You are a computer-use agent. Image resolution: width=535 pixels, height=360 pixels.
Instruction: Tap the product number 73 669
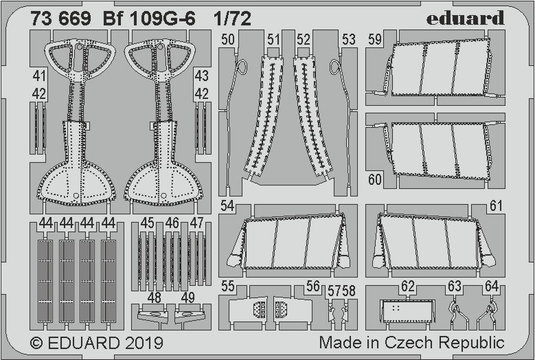coord(60,19)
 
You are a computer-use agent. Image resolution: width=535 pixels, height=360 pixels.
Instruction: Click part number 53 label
coord(349,39)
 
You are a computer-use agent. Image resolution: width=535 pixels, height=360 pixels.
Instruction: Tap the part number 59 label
coord(374,39)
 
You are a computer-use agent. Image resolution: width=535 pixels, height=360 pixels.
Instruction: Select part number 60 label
coord(374,180)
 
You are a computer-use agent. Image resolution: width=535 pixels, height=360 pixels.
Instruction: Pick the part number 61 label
coord(496,205)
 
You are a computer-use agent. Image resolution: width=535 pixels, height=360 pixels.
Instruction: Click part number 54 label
coord(228,205)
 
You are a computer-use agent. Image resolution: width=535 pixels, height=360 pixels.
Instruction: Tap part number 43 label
coord(201,76)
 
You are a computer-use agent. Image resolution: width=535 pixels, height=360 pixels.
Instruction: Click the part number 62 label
coord(409,286)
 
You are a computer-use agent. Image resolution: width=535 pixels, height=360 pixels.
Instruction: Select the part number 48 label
coord(155,297)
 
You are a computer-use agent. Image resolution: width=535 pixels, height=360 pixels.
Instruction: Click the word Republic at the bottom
coord(473,342)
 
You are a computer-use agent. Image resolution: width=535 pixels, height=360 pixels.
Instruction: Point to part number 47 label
coord(196,223)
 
